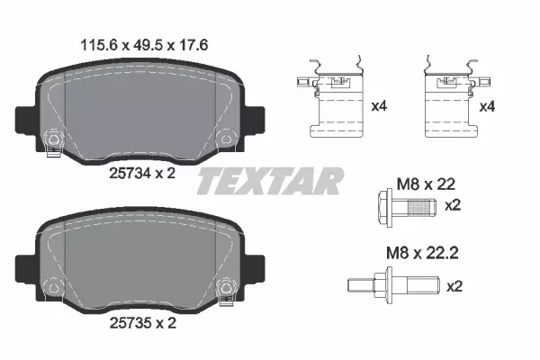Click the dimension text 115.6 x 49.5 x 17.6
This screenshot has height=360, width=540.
(144, 46)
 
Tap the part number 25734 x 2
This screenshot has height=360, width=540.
(142, 174)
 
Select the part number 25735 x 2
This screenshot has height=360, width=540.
(143, 323)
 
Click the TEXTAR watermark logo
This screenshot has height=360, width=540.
(271, 181)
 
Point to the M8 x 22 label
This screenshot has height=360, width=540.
(426, 184)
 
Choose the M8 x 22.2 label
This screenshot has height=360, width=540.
(422, 253)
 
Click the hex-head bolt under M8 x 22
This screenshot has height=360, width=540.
(407, 208)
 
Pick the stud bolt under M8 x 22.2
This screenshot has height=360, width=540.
(393, 285)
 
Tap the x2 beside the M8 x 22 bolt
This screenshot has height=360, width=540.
(453, 206)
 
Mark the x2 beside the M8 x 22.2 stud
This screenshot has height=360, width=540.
(454, 286)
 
